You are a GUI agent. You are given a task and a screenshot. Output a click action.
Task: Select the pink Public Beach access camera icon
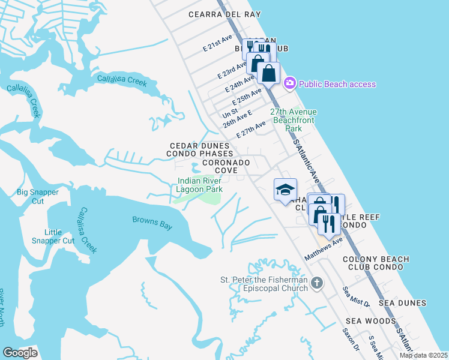[290, 83]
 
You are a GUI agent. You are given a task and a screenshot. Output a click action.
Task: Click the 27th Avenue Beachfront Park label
[293, 120]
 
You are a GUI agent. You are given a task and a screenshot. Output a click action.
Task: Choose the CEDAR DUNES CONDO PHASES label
[200, 150]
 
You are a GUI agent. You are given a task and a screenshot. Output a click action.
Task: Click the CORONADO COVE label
[225, 166]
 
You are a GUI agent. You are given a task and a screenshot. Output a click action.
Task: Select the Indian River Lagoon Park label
[200, 185]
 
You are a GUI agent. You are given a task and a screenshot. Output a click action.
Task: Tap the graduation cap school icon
[285, 190]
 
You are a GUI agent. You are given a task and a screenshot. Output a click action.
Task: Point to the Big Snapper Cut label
[38, 197]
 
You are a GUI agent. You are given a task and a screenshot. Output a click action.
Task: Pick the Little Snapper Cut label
[53, 236]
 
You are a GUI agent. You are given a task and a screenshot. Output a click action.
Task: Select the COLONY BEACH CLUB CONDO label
[376, 263]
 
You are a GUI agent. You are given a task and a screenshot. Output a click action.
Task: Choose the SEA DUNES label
[403, 303]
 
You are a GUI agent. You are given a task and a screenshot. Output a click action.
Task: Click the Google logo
[20, 352]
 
